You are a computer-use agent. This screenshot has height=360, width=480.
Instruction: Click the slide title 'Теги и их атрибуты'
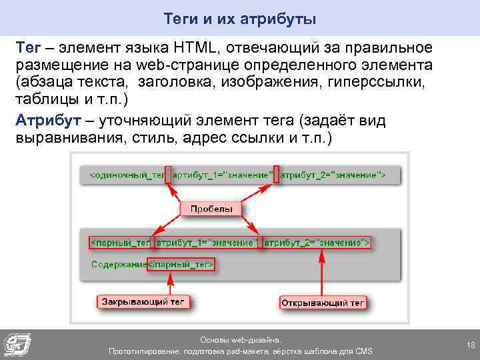click(x=240, y=19)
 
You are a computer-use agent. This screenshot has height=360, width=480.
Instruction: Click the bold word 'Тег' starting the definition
click(x=29, y=48)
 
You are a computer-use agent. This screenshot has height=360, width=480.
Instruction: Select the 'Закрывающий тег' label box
click(x=144, y=302)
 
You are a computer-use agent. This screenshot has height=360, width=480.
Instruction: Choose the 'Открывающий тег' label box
click(x=323, y=303)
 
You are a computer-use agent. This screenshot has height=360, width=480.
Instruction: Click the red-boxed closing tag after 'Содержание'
click(x=181, y=265)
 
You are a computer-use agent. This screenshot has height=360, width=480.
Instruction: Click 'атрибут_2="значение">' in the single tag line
click(x=333, y=175)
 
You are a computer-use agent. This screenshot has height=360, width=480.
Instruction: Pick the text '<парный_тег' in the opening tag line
click(x=121, y=241)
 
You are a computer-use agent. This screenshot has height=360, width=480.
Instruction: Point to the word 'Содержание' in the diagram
click(x=119, y=265)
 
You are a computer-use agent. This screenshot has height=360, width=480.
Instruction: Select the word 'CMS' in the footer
click(x=363, y=351)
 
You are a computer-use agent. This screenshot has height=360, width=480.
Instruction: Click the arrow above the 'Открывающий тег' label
click(x=323, y=273)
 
